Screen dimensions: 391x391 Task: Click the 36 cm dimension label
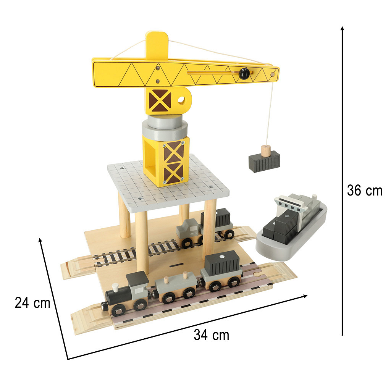(x=365, y=191)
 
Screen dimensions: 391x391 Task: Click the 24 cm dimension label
(x=32, y=303)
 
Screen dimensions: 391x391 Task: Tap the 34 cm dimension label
(x=212, y=335)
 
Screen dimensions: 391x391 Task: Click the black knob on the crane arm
(x=244, y=74)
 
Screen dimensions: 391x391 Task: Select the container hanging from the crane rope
(x=264, y=162)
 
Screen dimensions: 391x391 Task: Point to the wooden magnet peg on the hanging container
(x=266, y=151)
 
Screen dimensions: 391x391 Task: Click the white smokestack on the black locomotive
(x=115, y=288)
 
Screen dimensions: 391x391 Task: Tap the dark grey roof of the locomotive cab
(x=137, y=278)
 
